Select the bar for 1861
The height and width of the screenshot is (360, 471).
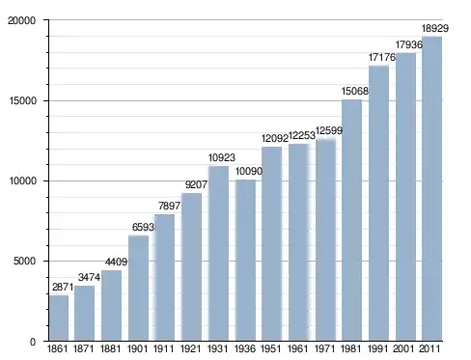tap(59, 318)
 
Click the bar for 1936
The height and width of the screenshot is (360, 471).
tap(245, 260)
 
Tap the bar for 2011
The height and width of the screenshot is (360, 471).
tap(431, 188)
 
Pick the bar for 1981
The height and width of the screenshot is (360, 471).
tap(352, 220)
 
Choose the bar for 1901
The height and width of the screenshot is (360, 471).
tap(138, 288)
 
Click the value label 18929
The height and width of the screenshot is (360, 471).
tap(435, 29)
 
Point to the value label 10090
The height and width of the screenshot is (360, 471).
tap(249, 171)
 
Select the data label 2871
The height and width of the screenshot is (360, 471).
tap(63, 287)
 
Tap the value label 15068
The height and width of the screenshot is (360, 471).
tap(354, 92)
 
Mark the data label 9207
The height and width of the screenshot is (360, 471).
tap(196, 185)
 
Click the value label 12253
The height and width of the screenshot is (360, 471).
tap(302, 136)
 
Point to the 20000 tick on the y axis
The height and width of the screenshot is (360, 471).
tap(21, 20)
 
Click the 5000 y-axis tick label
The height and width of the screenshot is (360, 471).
tap(24, 261)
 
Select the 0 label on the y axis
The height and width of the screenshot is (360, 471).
tap(33, 342)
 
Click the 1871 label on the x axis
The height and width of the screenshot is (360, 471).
tap(84, 348)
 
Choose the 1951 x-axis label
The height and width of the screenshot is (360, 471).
tap(270, 348)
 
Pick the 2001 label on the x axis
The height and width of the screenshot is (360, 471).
tap(403, 348)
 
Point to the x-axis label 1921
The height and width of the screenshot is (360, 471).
tap(190, 348)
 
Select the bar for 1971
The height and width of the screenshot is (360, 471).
tap(325, 239)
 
